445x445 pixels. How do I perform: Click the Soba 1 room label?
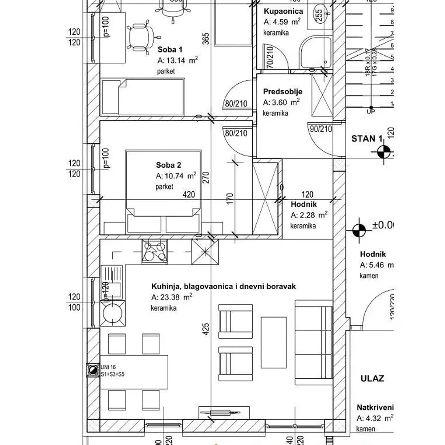tap(170, 50)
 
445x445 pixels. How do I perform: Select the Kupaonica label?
tap(283, 12)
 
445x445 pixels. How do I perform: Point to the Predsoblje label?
tap(283, 92)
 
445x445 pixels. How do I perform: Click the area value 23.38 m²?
tap(172, 297)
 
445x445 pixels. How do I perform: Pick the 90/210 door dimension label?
tap(320, 129)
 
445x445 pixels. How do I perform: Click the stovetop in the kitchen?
tap(154, 252)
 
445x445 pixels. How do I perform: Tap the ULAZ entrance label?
tap(372, 379)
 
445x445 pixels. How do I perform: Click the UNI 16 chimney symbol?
tap(93, 370)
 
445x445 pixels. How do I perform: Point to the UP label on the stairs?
tap(370, 112)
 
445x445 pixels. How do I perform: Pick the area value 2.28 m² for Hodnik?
tap(309, 215)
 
